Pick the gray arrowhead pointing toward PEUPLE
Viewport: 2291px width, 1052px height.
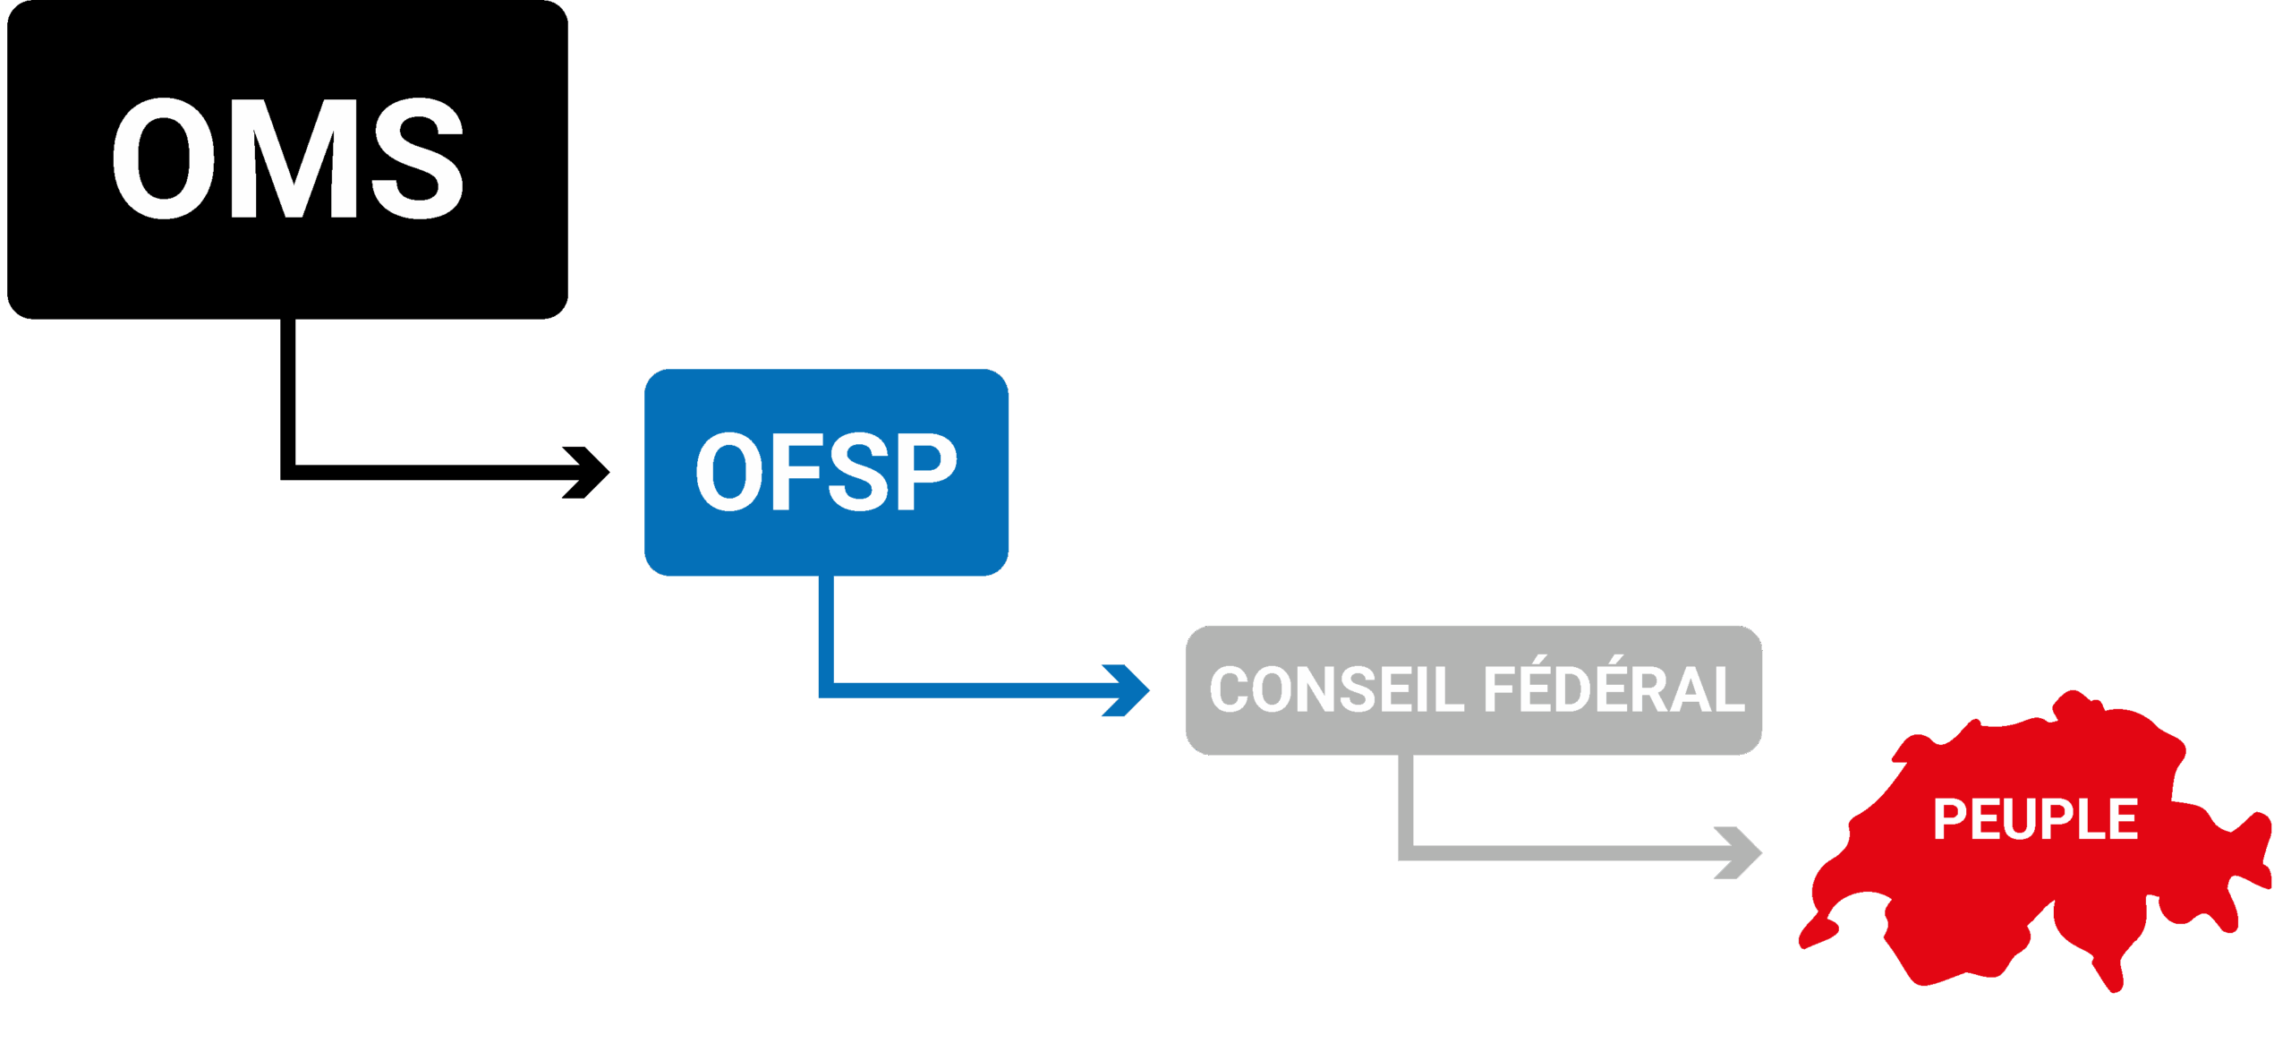pyautogui.click(x=1740, y=852)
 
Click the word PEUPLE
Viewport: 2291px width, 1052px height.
pyautogui.click(x=2035, y=819)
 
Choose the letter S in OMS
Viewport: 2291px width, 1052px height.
pyautogui.click(x=418, y=159)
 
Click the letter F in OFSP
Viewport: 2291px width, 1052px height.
pyautogui.click(x=788, y=472)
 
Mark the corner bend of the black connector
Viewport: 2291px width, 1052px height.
pyautogui.click(x=288, y=473)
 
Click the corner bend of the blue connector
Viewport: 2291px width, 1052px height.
pyautogui.click(x=826, y=689)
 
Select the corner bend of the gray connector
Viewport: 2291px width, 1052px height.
pyautogui.click(x=1406, y=852)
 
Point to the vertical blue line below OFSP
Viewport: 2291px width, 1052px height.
pyautogui.click(x=826, y=627)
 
